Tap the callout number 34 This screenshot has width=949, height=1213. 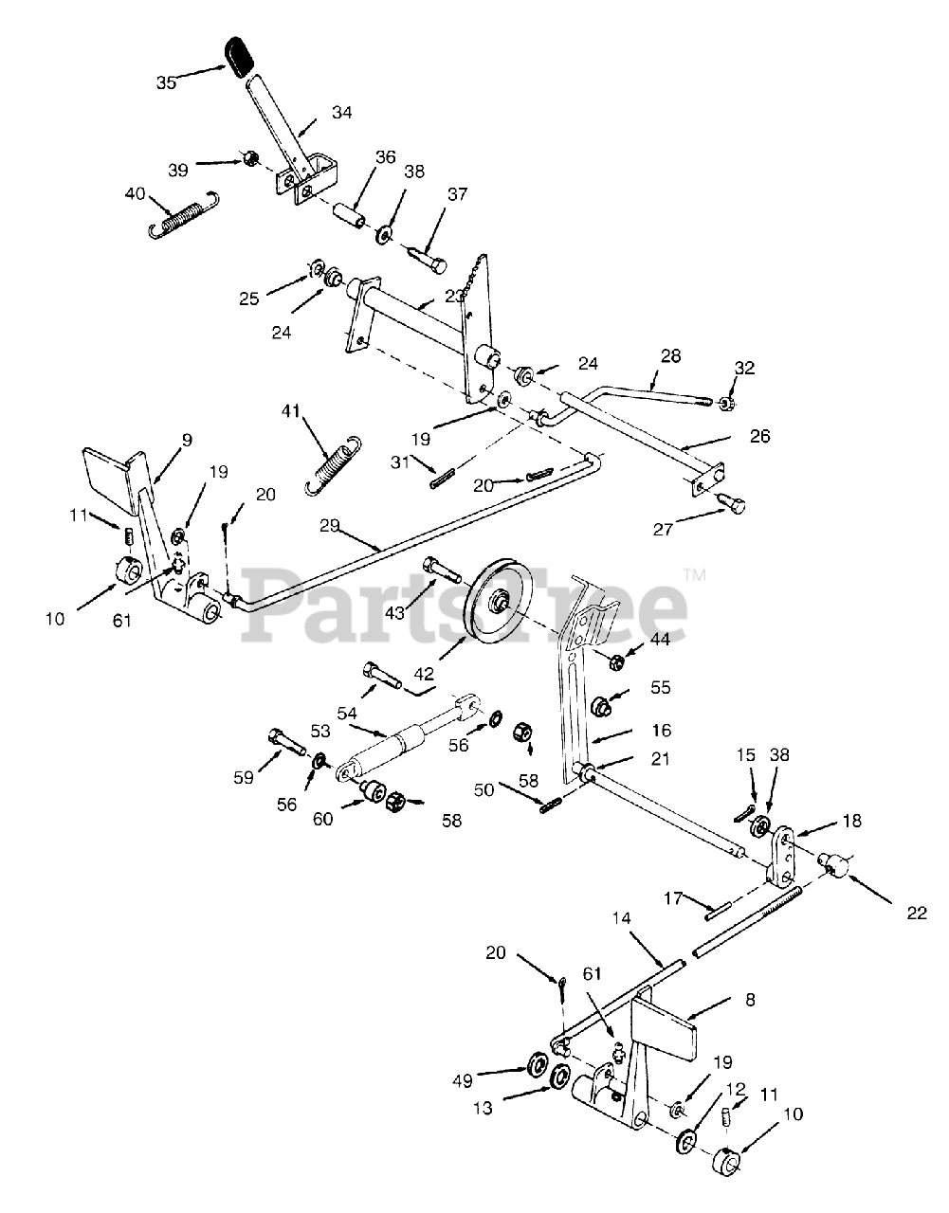pyautogui.click(x=342, y=113)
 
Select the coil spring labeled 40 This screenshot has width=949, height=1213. pyautogui.click(x=185, y=216)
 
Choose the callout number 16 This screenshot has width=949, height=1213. pyautogui.click(x=661, y=730)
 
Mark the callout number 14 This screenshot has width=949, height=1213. pyautogui.click(x=621, y=918)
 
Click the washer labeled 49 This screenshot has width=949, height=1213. pyautogui.click(x=536, y=1062)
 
